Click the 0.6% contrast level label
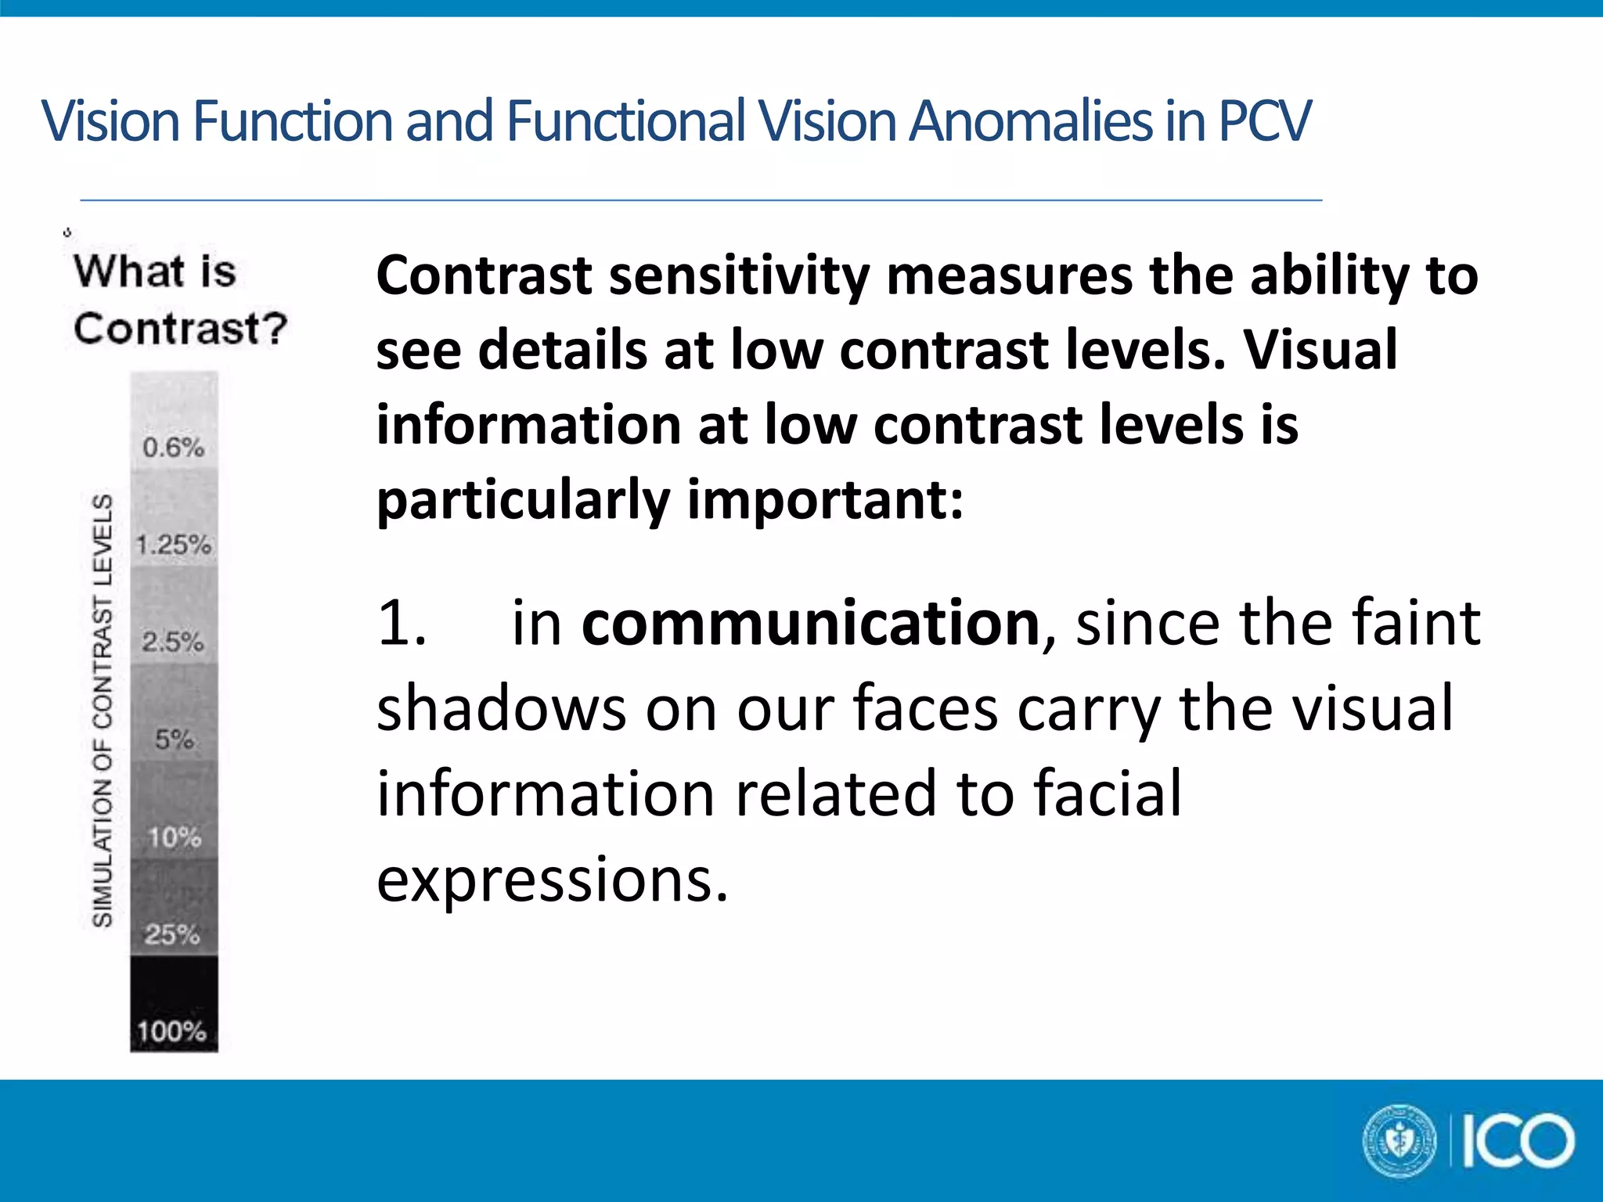[173, 448]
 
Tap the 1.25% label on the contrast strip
[174, 545]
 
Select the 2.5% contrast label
[173, 642]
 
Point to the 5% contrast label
[174, 740]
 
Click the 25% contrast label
[172, 934]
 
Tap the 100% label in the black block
[172, 1031]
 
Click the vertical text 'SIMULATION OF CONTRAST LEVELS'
[103, 711]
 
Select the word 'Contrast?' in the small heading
[181, 328]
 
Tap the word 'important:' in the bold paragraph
[825, 500]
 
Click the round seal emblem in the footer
[1399, 1140]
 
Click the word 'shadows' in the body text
[501, 709]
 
